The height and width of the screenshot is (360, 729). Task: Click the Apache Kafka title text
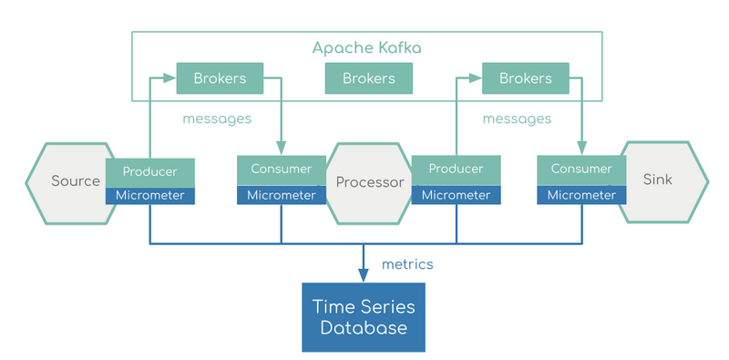367,47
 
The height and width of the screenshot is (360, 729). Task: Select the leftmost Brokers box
220,78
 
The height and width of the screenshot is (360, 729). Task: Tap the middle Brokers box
368,79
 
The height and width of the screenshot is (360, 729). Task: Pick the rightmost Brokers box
526,78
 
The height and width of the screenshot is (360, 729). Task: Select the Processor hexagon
369,182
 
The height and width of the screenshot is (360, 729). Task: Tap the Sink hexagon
663,180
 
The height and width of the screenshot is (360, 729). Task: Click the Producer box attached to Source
150,171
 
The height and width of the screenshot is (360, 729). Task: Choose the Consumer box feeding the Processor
281,169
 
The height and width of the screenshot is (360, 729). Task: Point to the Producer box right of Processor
456,169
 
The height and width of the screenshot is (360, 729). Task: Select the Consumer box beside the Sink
580,169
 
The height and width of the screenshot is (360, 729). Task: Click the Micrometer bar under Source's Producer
150,195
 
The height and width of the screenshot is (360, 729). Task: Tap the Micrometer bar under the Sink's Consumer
580,195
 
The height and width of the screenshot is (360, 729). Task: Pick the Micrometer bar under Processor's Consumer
281,195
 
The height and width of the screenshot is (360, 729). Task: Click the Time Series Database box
364,316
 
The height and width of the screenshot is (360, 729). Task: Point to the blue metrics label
407,264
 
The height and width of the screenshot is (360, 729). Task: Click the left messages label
217,118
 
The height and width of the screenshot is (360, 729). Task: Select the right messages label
517,118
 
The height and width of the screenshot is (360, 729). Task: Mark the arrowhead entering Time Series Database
364,274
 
